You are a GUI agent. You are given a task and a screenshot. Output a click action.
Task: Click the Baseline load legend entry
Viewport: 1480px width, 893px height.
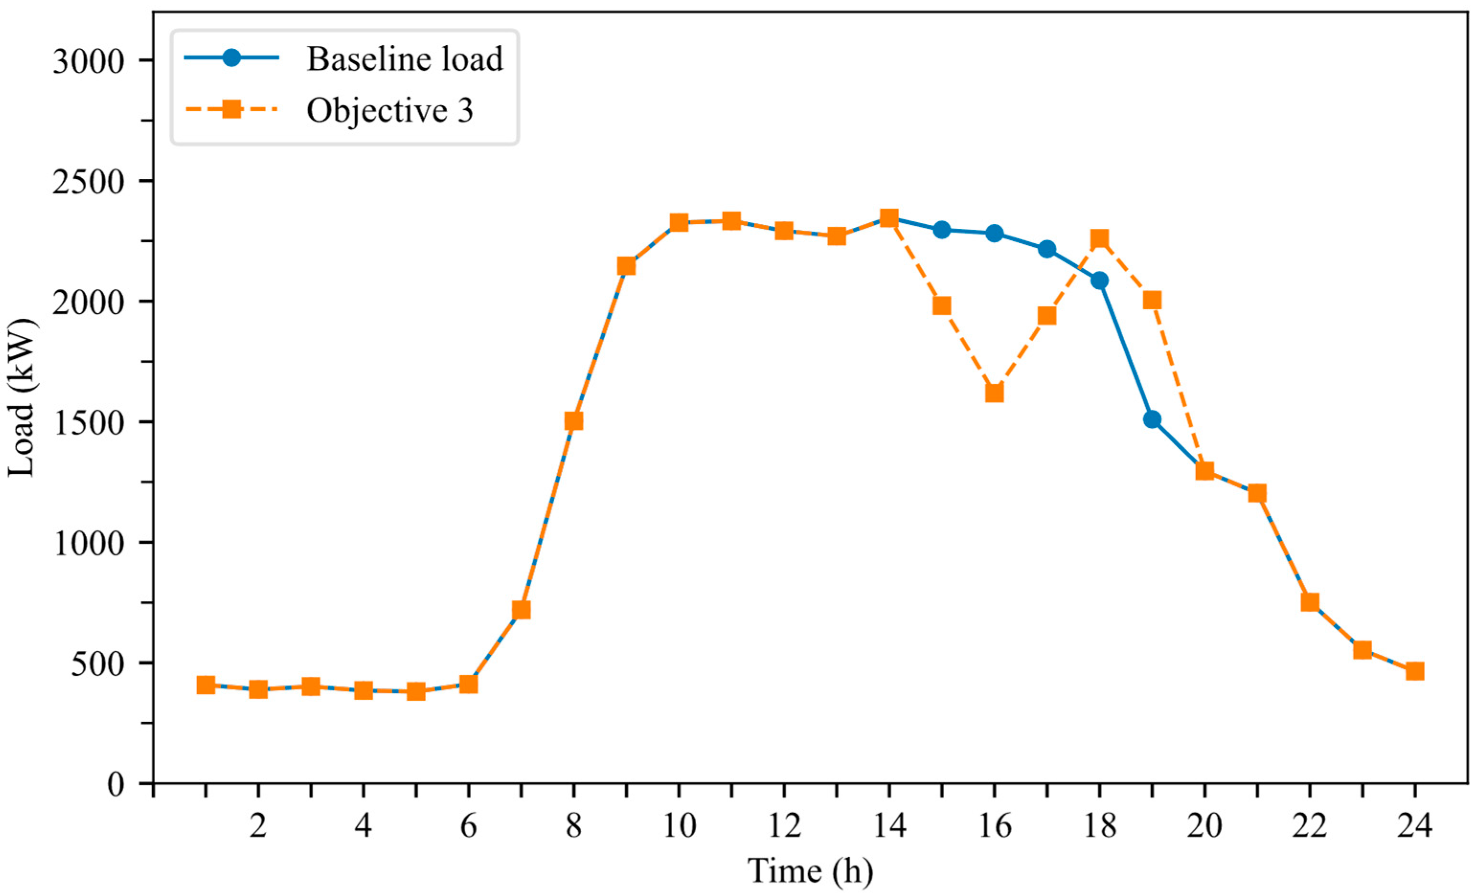(x=344, y=59)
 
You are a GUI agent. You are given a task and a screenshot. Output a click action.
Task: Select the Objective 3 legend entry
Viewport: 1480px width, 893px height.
(x=328, y=110)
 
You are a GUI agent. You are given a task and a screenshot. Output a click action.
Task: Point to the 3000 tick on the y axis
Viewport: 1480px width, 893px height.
(x=88, y=61)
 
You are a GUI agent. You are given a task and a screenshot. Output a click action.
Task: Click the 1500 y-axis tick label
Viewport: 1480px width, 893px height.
(x=88, y=422)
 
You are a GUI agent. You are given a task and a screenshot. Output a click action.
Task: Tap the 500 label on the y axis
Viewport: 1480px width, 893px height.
(x=97, y=663)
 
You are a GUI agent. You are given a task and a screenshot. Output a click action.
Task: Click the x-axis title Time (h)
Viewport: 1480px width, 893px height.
(x=810, y=871)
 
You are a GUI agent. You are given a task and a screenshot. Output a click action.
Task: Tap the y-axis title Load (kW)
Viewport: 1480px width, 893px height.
(x=22, y=398)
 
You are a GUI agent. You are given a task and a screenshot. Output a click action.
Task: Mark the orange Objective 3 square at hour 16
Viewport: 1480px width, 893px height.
(x=994, y=393)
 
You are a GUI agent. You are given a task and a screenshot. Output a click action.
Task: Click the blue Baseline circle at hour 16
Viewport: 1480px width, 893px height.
(x=994, y=233)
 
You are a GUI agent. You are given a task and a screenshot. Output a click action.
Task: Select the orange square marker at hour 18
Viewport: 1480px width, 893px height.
(x=1099, y=238)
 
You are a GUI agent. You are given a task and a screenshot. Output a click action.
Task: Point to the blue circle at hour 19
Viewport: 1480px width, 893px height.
(x=1152, y=419)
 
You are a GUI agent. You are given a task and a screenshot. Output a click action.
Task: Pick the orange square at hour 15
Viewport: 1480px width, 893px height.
(x=942, y=306)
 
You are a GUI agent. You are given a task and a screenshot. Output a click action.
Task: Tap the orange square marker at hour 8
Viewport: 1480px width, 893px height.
(x=574, y=421)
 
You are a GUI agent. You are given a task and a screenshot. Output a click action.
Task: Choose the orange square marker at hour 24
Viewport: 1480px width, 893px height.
(x=1414, y=671)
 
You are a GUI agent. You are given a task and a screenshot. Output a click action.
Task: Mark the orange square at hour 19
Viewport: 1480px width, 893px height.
(x=1152, y=300)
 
